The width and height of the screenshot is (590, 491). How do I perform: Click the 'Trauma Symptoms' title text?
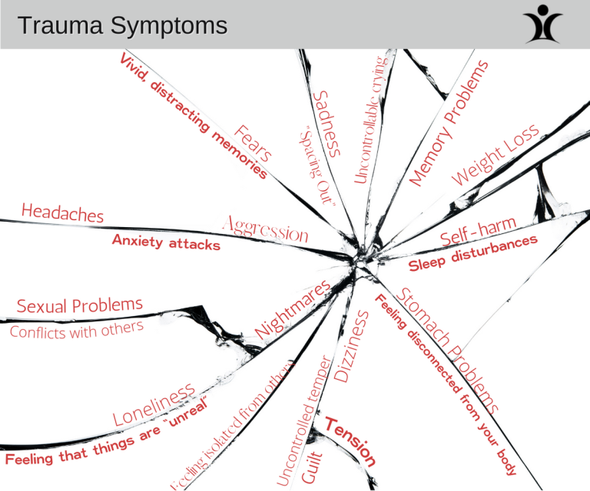(x=123, y=26)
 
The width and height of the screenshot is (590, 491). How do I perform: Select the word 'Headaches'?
(x=62, y=213)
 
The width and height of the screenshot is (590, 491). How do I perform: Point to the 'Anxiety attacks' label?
(x=166, y=242)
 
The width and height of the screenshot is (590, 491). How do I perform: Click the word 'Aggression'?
(x=265, y=229)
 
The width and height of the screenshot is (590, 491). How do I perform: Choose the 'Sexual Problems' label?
(x=80, y=305)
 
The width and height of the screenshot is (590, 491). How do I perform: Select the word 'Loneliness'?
(x=154, y=407)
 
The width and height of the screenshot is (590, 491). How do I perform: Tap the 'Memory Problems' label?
(x=449, y=125)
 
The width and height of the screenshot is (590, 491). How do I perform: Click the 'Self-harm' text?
(x=478, y=231)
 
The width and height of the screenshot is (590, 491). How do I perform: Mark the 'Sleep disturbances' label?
(x=472, y=254)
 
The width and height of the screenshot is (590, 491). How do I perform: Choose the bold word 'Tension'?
(x=350, y=442)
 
